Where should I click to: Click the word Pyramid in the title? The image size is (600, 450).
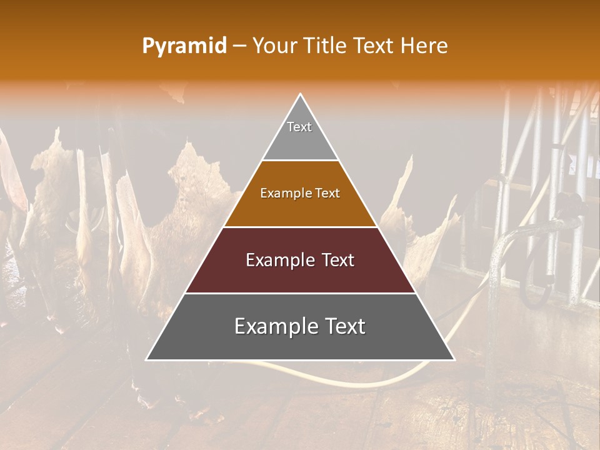click(x=184, y=46)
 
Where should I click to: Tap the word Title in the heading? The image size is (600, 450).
click(x=326, y=46)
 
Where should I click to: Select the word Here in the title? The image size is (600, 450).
click(x=424, y=46)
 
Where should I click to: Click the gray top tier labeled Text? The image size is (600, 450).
click(x=300, y=134)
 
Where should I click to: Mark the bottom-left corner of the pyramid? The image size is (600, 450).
click(x=146, y=360)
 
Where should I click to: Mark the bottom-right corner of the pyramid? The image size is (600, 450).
click(x=454, y=360)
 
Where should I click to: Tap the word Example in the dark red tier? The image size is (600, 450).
click(x=275, y=260)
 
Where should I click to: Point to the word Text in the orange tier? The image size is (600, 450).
click(x=327, y=194)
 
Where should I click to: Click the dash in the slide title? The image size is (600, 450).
click(x=240, y=46)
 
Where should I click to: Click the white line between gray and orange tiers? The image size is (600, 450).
click(x=300, y=161)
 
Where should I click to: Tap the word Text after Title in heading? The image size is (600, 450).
click(x=375, y=46)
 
